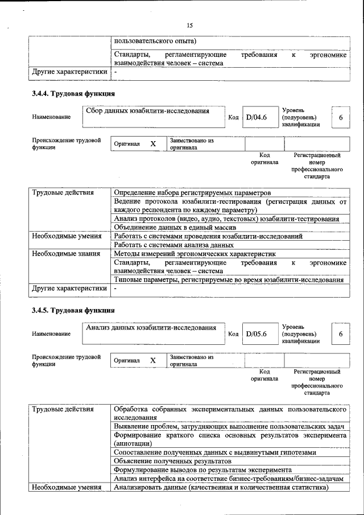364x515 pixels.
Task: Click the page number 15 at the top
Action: coord(190,25)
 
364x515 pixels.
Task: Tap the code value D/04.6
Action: coord(256,117)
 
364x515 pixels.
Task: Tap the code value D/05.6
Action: coord(256,334)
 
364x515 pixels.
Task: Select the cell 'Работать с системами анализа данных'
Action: coord(173,245)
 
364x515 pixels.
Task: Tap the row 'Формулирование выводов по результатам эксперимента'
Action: coord(203,469)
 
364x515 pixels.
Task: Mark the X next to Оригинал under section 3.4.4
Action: coord(153,144)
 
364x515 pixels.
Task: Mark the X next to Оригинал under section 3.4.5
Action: coord(153,361)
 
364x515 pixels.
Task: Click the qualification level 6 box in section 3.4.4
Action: coord(341,117)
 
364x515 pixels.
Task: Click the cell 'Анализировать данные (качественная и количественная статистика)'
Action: coord(221,487)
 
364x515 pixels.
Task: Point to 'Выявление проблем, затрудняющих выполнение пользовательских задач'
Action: coord(230,426)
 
